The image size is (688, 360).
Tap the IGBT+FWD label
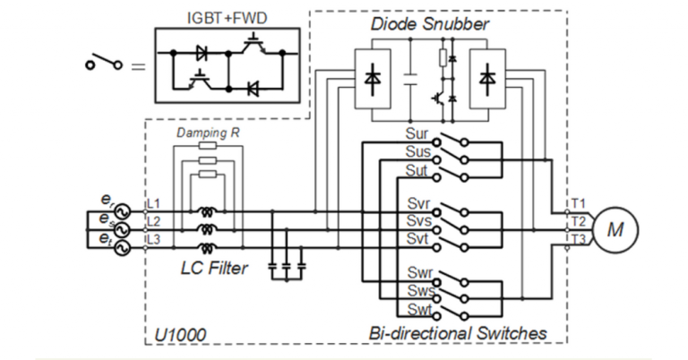(221, 16)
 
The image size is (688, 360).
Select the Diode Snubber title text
(430, 24)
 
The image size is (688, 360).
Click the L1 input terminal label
(153, 206)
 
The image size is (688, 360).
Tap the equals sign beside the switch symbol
(136, 65)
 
